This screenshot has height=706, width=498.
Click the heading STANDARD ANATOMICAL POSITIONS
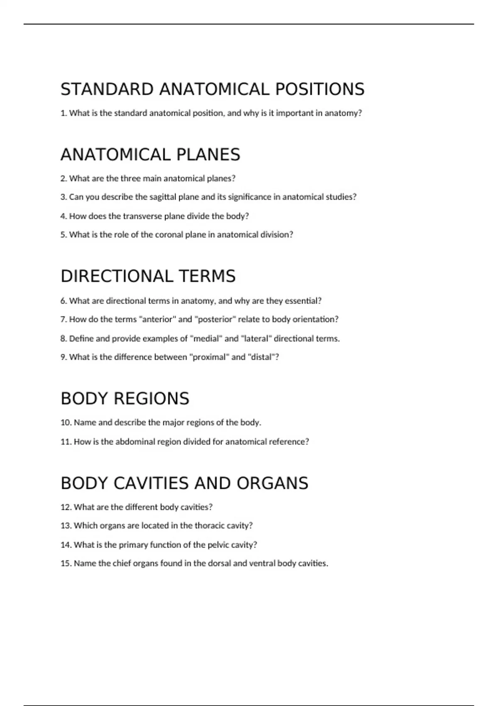[212, 89]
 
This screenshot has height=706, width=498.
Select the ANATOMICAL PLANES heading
[150, 154]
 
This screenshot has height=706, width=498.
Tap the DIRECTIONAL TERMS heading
[148, 276]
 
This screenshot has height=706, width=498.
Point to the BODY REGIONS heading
[124, 398]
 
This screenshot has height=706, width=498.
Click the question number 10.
[66, 423]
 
